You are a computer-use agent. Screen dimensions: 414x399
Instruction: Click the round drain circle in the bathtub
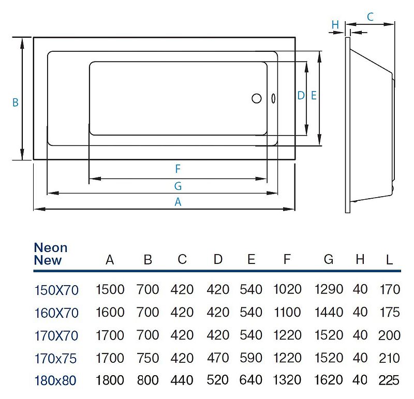[257, 98]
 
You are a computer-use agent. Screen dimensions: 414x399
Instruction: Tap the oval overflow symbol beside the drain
[273, 98]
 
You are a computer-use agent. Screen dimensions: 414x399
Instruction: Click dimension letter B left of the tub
[16, 102]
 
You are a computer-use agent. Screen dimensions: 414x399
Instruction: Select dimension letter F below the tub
[178, 169]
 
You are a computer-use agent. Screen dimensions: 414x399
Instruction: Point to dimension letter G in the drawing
[178, 186]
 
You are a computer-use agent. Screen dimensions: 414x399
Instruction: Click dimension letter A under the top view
[178, 202]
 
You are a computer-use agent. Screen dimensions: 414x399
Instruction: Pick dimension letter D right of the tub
[301, 95]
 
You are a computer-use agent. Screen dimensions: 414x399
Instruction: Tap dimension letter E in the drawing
[314, 95]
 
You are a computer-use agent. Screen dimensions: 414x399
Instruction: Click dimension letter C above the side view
[371, 17]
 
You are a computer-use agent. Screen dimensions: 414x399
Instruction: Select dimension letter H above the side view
[335, 25]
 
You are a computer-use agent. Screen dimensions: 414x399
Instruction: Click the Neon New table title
[51, 254]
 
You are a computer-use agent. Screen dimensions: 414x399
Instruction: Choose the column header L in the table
[390, 260]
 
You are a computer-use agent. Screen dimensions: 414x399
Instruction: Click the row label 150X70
[56, 290]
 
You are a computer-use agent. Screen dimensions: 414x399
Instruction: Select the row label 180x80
[55, 380]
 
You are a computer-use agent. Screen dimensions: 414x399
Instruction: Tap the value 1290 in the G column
[329, 289]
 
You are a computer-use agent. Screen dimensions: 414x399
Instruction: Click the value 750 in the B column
[148, 358]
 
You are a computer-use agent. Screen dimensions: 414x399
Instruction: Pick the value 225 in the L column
[389, 380]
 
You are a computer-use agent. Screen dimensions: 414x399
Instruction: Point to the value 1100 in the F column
[288, 312]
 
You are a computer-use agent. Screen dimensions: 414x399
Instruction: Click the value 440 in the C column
[182, 380]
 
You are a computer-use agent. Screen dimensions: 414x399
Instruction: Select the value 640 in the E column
[251, 380]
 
